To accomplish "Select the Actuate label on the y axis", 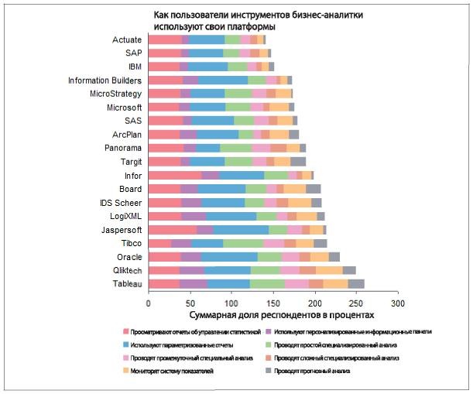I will coord(127,39).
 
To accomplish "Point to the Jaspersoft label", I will coord(122,229).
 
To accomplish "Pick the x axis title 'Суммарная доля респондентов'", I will coord(282,315).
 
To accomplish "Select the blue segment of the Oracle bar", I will coord(229,256).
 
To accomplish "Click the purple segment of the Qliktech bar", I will coord(193,270).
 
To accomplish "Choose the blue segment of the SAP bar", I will coord(207,53).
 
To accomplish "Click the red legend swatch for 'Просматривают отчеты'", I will coord(125,331).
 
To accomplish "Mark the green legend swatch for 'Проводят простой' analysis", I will coord(302,344).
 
